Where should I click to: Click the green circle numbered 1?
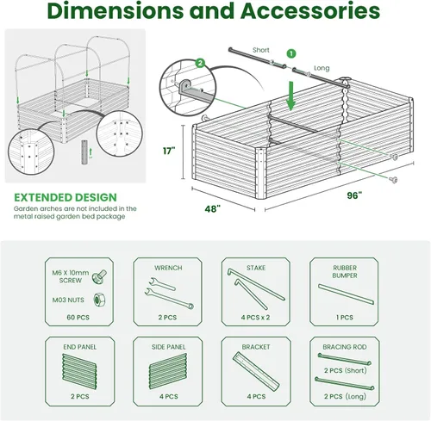click(290, 53)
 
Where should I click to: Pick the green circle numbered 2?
click(200, 63)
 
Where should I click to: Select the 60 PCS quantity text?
click(78, 317)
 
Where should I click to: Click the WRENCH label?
click(168, 268)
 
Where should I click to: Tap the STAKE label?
click(256, 268)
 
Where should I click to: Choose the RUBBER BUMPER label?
click(345, 271)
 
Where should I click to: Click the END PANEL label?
click(78, 351)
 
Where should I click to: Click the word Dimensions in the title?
click(122, 12)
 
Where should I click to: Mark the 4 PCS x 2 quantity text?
click(256, 317)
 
